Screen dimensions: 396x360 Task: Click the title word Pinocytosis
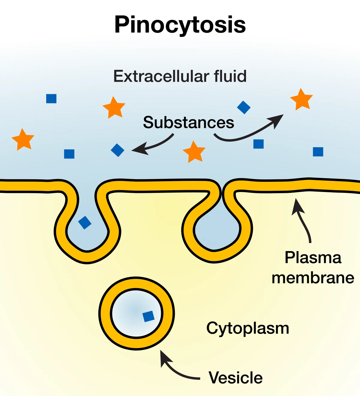[180, 25]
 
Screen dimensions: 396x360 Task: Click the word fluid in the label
[230, 76]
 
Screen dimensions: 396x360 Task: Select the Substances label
[188, 122]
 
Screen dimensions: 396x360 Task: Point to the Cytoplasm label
[248, 328]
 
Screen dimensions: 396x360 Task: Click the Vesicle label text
[235, 378]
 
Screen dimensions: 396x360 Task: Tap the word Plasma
[313, 258]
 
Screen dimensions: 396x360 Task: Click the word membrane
[313, 278]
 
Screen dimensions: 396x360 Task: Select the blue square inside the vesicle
[148, 316]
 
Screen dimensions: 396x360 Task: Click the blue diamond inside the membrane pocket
[85, 223]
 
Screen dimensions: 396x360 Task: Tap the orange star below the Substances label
[194, 152]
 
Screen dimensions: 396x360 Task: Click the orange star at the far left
[23, 139]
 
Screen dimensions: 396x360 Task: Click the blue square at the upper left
[51, 98]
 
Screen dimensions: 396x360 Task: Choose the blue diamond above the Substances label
[244, 107]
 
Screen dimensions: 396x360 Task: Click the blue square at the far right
[318, 152]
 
